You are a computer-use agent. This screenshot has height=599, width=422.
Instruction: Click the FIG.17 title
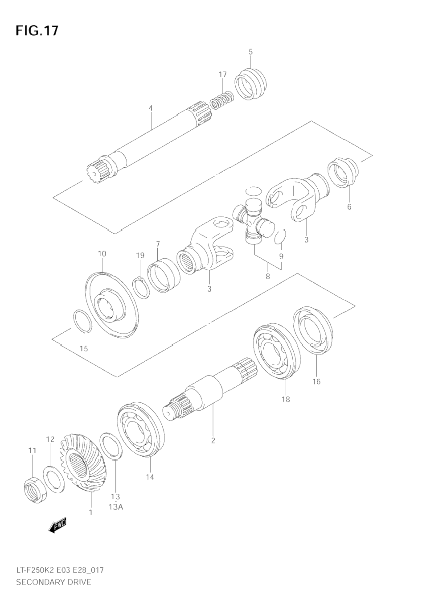37,30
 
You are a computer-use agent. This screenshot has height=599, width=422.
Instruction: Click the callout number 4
151,108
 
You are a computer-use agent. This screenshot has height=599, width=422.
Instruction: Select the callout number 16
316,382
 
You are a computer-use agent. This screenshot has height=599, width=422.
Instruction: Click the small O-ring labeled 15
82,321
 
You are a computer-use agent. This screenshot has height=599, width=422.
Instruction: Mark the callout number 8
267,277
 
